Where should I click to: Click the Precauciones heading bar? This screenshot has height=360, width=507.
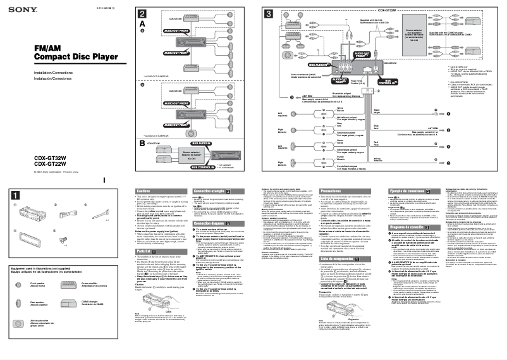pyautogui.click(x=348, y=190)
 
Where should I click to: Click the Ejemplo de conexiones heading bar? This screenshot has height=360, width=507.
pyautogui.click(x=410, y=190)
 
